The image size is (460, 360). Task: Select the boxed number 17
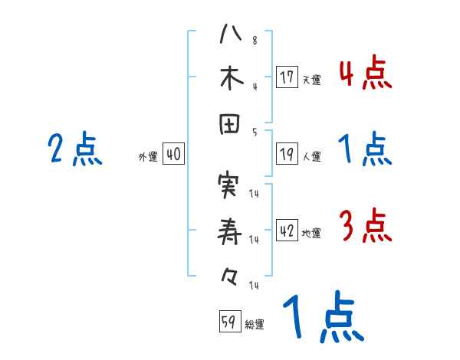click(x=287, y=77)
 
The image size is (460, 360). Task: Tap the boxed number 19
click(x=287, y=153)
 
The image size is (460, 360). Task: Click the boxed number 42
click(x=287, y=231)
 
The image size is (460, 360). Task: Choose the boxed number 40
click(x=173, y=154)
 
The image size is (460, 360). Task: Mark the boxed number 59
click(x=228, y=322)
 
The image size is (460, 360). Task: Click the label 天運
click(x=311, y=80)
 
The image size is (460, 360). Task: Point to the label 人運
click(x=311, y=156)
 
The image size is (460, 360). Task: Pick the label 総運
click(x=255, y=325)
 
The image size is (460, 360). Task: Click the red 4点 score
click(x=365, y=74)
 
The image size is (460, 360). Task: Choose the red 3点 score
click(x=365, y=227)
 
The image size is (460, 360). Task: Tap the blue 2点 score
click(x=74, y=149)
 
